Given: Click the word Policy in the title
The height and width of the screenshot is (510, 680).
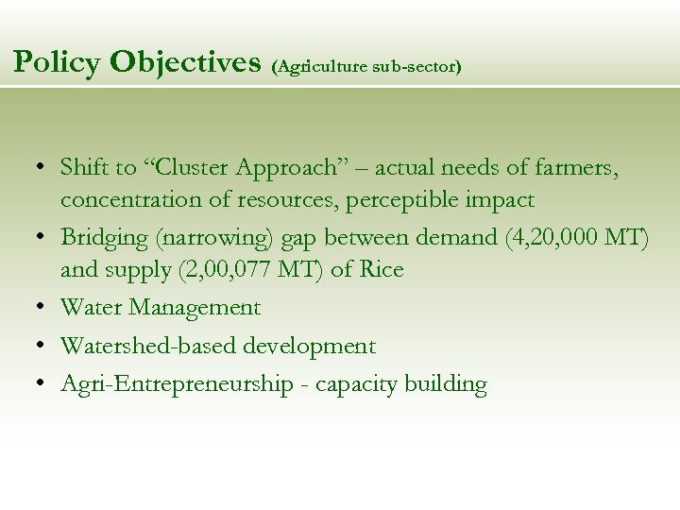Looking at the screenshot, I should pos(57,62).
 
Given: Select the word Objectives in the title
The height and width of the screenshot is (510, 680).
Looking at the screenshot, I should pos(185,62).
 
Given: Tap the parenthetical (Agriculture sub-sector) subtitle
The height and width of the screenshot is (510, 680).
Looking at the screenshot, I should pos(366,68).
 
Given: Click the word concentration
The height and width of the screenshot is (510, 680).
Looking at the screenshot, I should pos(131,200).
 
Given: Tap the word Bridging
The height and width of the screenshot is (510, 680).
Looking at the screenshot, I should pos(103,237).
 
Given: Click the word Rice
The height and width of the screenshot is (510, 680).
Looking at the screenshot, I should pos(381,270).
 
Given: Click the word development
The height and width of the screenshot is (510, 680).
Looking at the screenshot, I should pos(310,347).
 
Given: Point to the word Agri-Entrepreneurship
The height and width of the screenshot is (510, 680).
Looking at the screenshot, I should pos(177,384).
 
